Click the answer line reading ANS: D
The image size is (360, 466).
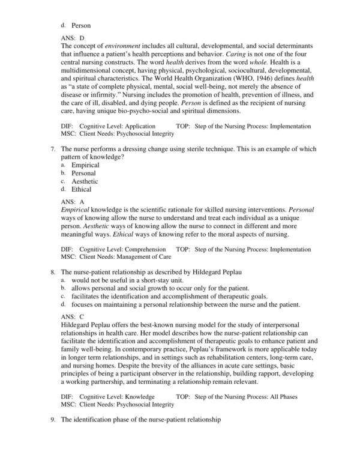(x=73, y=38)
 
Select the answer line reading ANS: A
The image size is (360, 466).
(x=73, y=202)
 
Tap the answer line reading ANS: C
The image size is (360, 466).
(x=73, y=315)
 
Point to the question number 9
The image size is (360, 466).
(x=53, y=420)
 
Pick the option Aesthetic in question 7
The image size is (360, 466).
(x=85, y=181)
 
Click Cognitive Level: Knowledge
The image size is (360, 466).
(x=115, y=397)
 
